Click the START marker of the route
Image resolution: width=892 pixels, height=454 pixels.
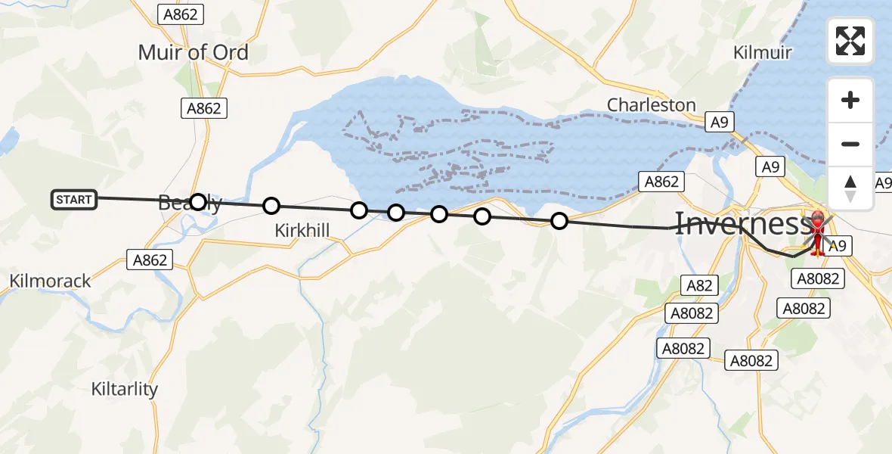tap(73, 200)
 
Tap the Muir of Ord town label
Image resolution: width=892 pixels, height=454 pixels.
tap(193, 53)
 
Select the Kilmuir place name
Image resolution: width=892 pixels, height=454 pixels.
tap(763, 52)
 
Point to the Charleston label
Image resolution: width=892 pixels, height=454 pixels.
tap(652, 105)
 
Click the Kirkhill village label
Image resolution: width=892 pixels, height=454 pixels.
tap(302, 231)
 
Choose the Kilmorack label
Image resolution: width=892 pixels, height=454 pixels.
tap(50, 281)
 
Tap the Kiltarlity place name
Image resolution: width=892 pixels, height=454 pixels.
tap(125, 390)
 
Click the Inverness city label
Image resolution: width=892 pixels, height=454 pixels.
tap(741, 224)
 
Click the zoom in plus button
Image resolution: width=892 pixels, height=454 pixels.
tap(850, 100)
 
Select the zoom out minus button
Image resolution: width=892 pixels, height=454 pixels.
tap(850, 144)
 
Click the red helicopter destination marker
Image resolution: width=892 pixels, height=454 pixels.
tap(818, 231)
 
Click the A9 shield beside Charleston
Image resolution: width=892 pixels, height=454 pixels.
tap(717, 122)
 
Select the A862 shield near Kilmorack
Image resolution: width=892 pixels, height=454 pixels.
tap(150, 260)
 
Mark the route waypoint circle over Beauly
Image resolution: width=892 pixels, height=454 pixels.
tap(197, 202)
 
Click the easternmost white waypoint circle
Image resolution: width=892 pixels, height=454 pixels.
tap(559, 221)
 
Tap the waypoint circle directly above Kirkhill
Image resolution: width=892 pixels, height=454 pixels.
tap(271, 206)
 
